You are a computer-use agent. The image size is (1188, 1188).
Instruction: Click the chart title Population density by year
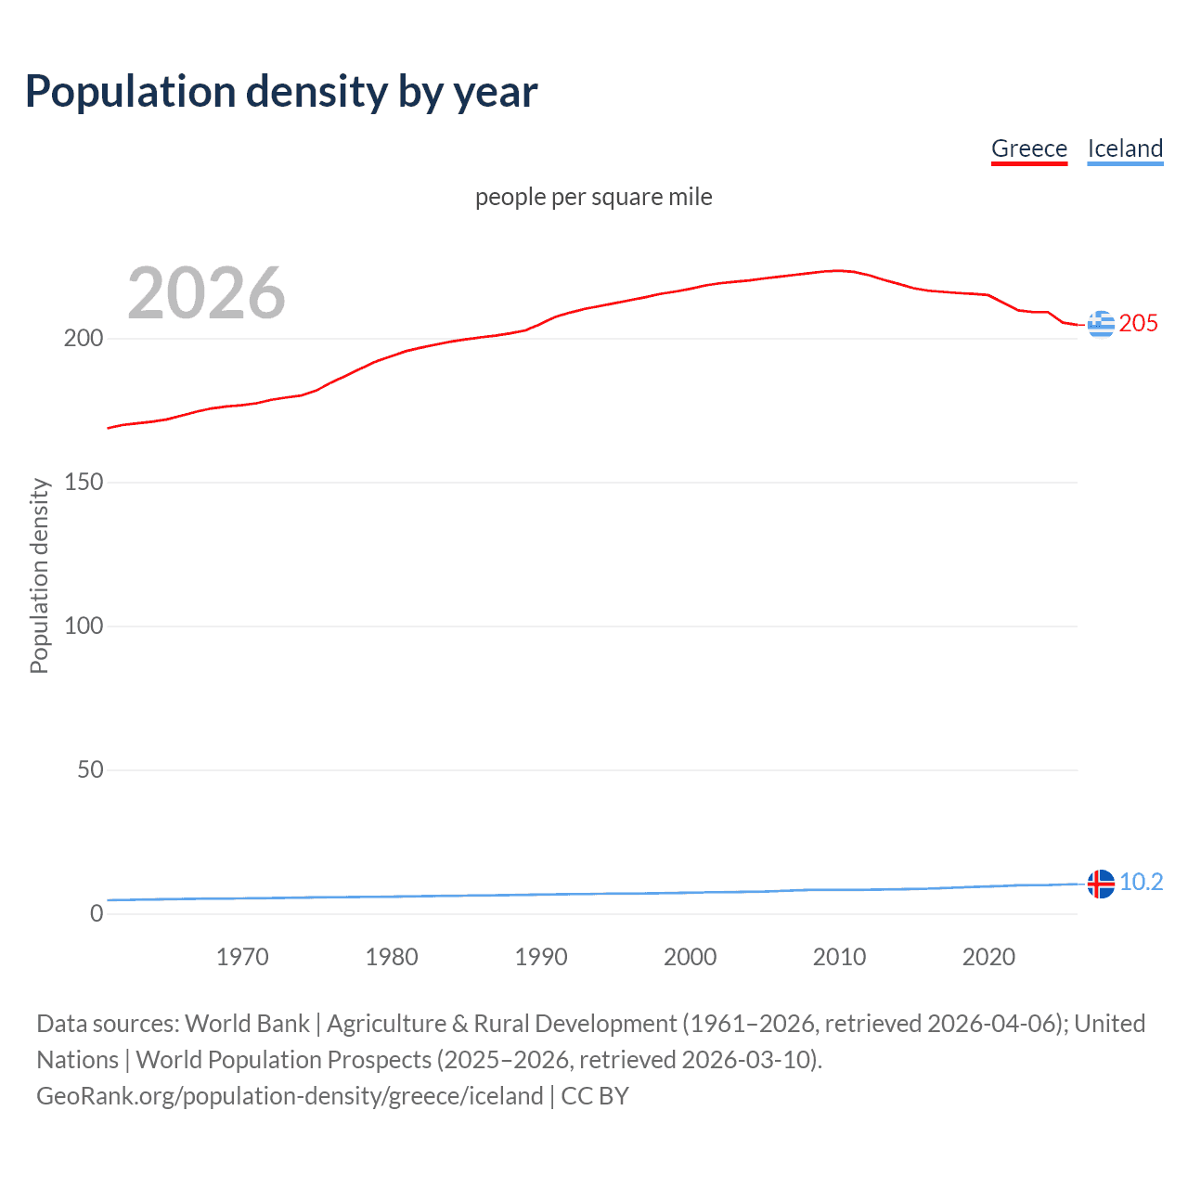click(281, 92)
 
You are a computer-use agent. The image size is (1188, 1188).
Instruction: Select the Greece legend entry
click(1029, 148)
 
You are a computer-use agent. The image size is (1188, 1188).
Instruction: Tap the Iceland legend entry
click(1125, 148)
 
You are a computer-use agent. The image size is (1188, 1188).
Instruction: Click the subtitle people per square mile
click(594, 197)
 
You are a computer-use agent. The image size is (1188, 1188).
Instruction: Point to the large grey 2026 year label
click(206, 293)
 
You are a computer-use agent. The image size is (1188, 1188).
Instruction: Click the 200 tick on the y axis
click(84, 339)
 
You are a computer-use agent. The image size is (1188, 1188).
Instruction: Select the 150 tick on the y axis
click(84, 483)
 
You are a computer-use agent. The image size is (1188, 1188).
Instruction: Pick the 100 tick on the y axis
click(84, 626)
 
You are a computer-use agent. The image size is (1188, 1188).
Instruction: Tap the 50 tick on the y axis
click(90, 770)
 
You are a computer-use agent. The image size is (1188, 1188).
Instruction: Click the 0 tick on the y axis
click(97, 914)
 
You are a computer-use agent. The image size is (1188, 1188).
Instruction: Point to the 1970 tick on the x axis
click(242, 957)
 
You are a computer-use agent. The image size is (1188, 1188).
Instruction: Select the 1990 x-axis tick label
click(541, 957)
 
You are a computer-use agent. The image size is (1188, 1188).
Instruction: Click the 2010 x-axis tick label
click(839, 957)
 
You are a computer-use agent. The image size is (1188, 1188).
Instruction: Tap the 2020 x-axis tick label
click(988, 957)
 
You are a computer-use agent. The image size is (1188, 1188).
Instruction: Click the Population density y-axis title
click(39, 575)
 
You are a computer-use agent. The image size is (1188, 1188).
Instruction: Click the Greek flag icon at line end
click(1101, 324)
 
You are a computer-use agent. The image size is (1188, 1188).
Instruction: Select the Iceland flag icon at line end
click(1101, 884)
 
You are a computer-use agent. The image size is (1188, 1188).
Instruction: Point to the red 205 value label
click(1139, 324)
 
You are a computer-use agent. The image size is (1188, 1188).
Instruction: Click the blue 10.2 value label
click(1142, 883)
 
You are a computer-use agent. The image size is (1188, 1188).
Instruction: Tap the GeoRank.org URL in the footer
click(290, 1096)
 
